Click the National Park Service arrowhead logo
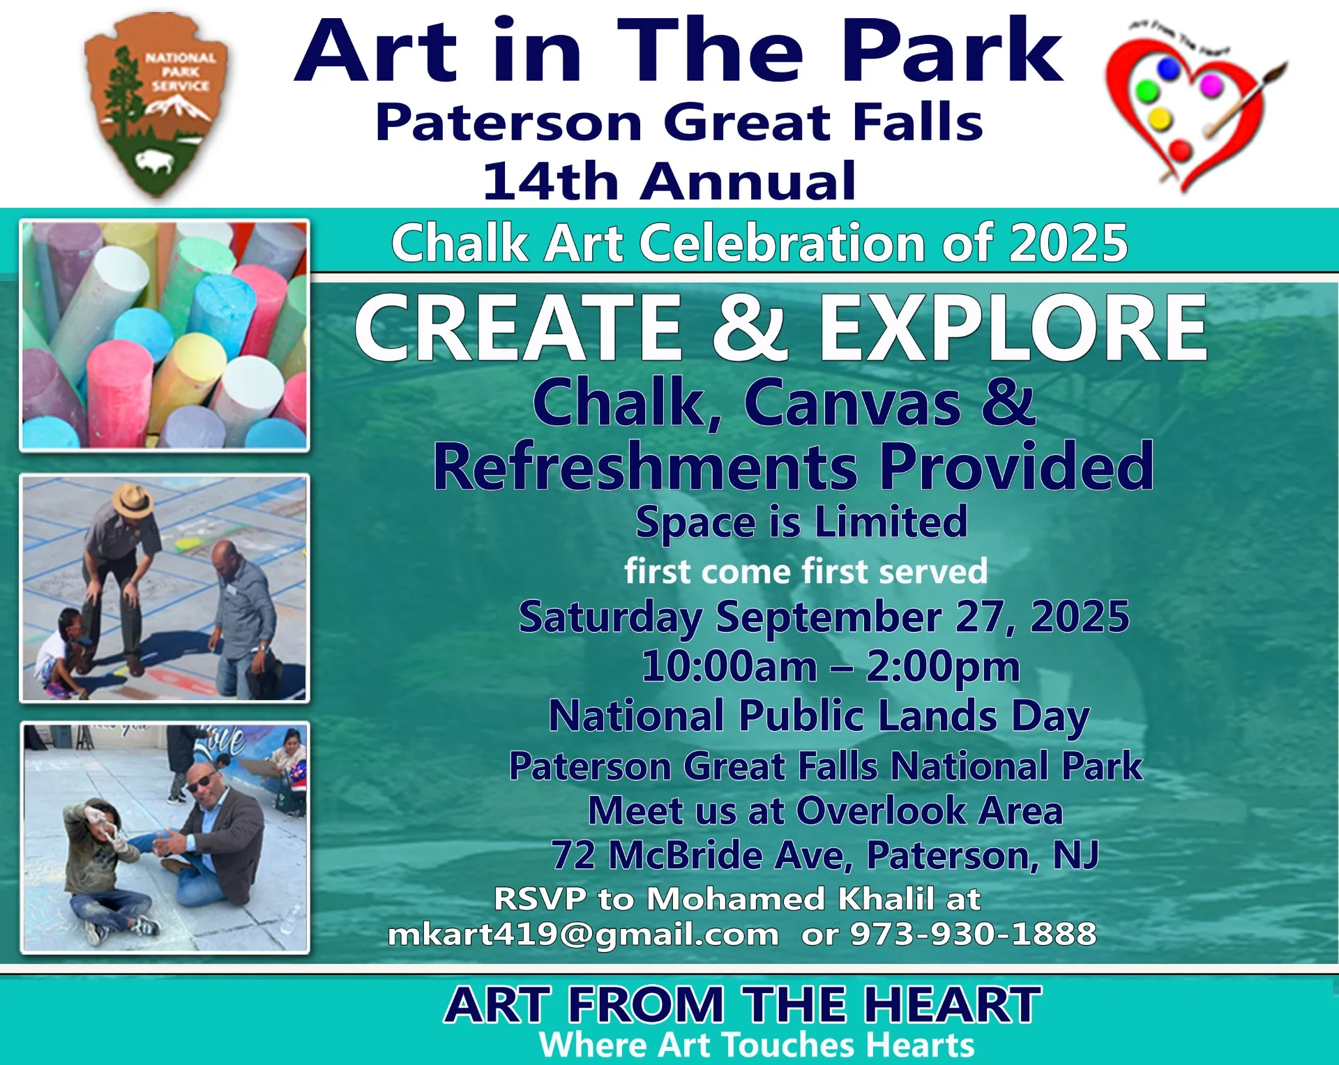(x=156, y=105)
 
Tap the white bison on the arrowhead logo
(x=155, y=163)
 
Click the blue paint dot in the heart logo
(x=1168, y=69)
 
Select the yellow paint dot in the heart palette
(x=1159, y=119)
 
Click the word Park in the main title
(x=952, y=50)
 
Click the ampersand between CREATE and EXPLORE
(x=749, y=326)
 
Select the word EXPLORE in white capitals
(x=1013, y=326)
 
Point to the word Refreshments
(x=646, y=467)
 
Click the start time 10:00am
(x=729, y=666)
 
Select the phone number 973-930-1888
(x=974, y=934)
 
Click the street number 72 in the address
(x=573, y=855)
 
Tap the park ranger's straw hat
(x=133, y=499)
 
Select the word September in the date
(x=829, y=618)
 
